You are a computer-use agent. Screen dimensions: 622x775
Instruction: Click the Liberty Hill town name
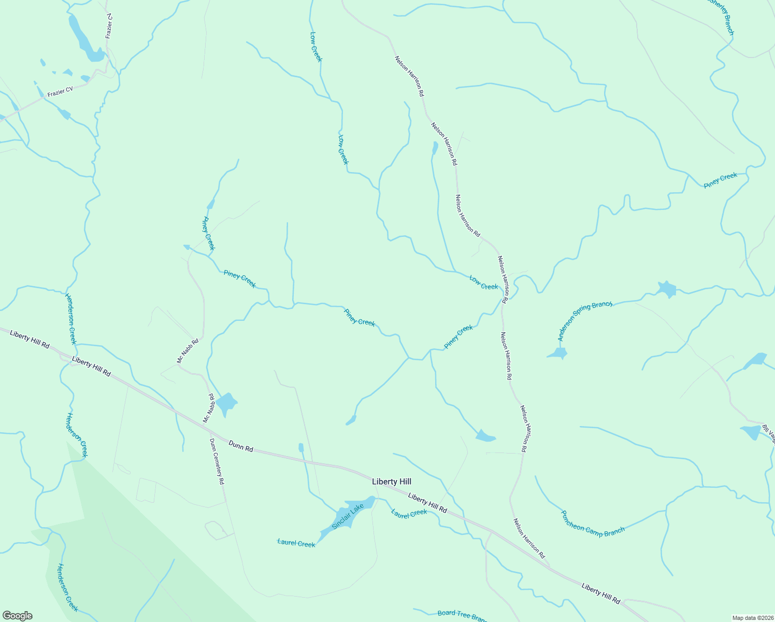pos(392,482)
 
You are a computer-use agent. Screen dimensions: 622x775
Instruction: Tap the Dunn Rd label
pos(241,446)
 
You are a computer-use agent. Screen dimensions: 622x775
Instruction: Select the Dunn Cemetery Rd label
pos(217,461)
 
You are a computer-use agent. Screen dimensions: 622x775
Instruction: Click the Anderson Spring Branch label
pos(584,320)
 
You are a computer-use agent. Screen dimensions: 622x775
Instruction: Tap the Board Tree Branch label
pos(462,615)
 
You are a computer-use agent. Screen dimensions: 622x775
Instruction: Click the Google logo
pos(18,616)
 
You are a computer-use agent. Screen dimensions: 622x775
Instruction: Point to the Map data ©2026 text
pos(752,618)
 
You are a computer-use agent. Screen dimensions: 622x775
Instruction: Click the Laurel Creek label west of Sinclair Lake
pos(296,543)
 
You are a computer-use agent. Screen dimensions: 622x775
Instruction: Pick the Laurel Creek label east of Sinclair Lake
pos(409,514)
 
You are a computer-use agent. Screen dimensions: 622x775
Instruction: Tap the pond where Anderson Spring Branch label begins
pos(557,354)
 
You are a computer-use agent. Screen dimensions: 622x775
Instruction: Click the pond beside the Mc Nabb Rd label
pos(226,403)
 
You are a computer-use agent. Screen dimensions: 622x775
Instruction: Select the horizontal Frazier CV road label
pos(60,92)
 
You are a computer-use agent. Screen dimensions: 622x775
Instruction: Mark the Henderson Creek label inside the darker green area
pos(68,587)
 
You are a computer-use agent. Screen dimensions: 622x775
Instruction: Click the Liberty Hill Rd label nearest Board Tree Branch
pos(600,593)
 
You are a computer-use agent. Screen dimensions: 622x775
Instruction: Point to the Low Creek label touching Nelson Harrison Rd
pos(483,282)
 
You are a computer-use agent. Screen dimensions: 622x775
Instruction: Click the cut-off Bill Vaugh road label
pos(768,434)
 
